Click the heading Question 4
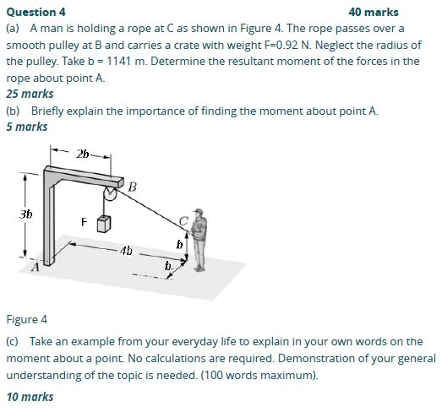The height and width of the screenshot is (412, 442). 35,12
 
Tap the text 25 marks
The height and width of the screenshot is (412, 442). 30,94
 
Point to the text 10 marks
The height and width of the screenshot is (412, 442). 30,396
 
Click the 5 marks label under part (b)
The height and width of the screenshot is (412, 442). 27,127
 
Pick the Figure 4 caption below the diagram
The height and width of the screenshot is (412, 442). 27,319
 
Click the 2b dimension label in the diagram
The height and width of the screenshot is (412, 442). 82,154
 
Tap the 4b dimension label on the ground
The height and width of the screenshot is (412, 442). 126,251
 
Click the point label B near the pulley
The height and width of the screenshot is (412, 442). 133,186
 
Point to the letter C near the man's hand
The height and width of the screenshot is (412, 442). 182,221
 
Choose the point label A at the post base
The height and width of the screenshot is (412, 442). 35,268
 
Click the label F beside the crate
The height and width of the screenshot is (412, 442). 84,222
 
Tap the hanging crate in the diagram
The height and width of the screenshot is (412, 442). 105,224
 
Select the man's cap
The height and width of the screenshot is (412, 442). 199,211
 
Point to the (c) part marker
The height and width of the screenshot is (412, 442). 13,341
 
